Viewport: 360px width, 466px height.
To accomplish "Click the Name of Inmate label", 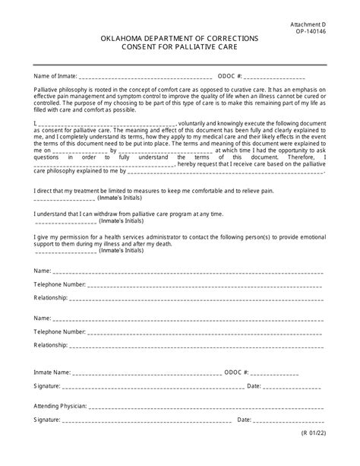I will click(x=55, y=76).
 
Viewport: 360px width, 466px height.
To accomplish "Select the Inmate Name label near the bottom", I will click(x=52, y=373).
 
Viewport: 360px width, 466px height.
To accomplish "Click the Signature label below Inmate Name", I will click(x=48, y=386).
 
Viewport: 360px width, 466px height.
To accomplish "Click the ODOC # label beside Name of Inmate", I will click(x=229, y=76).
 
